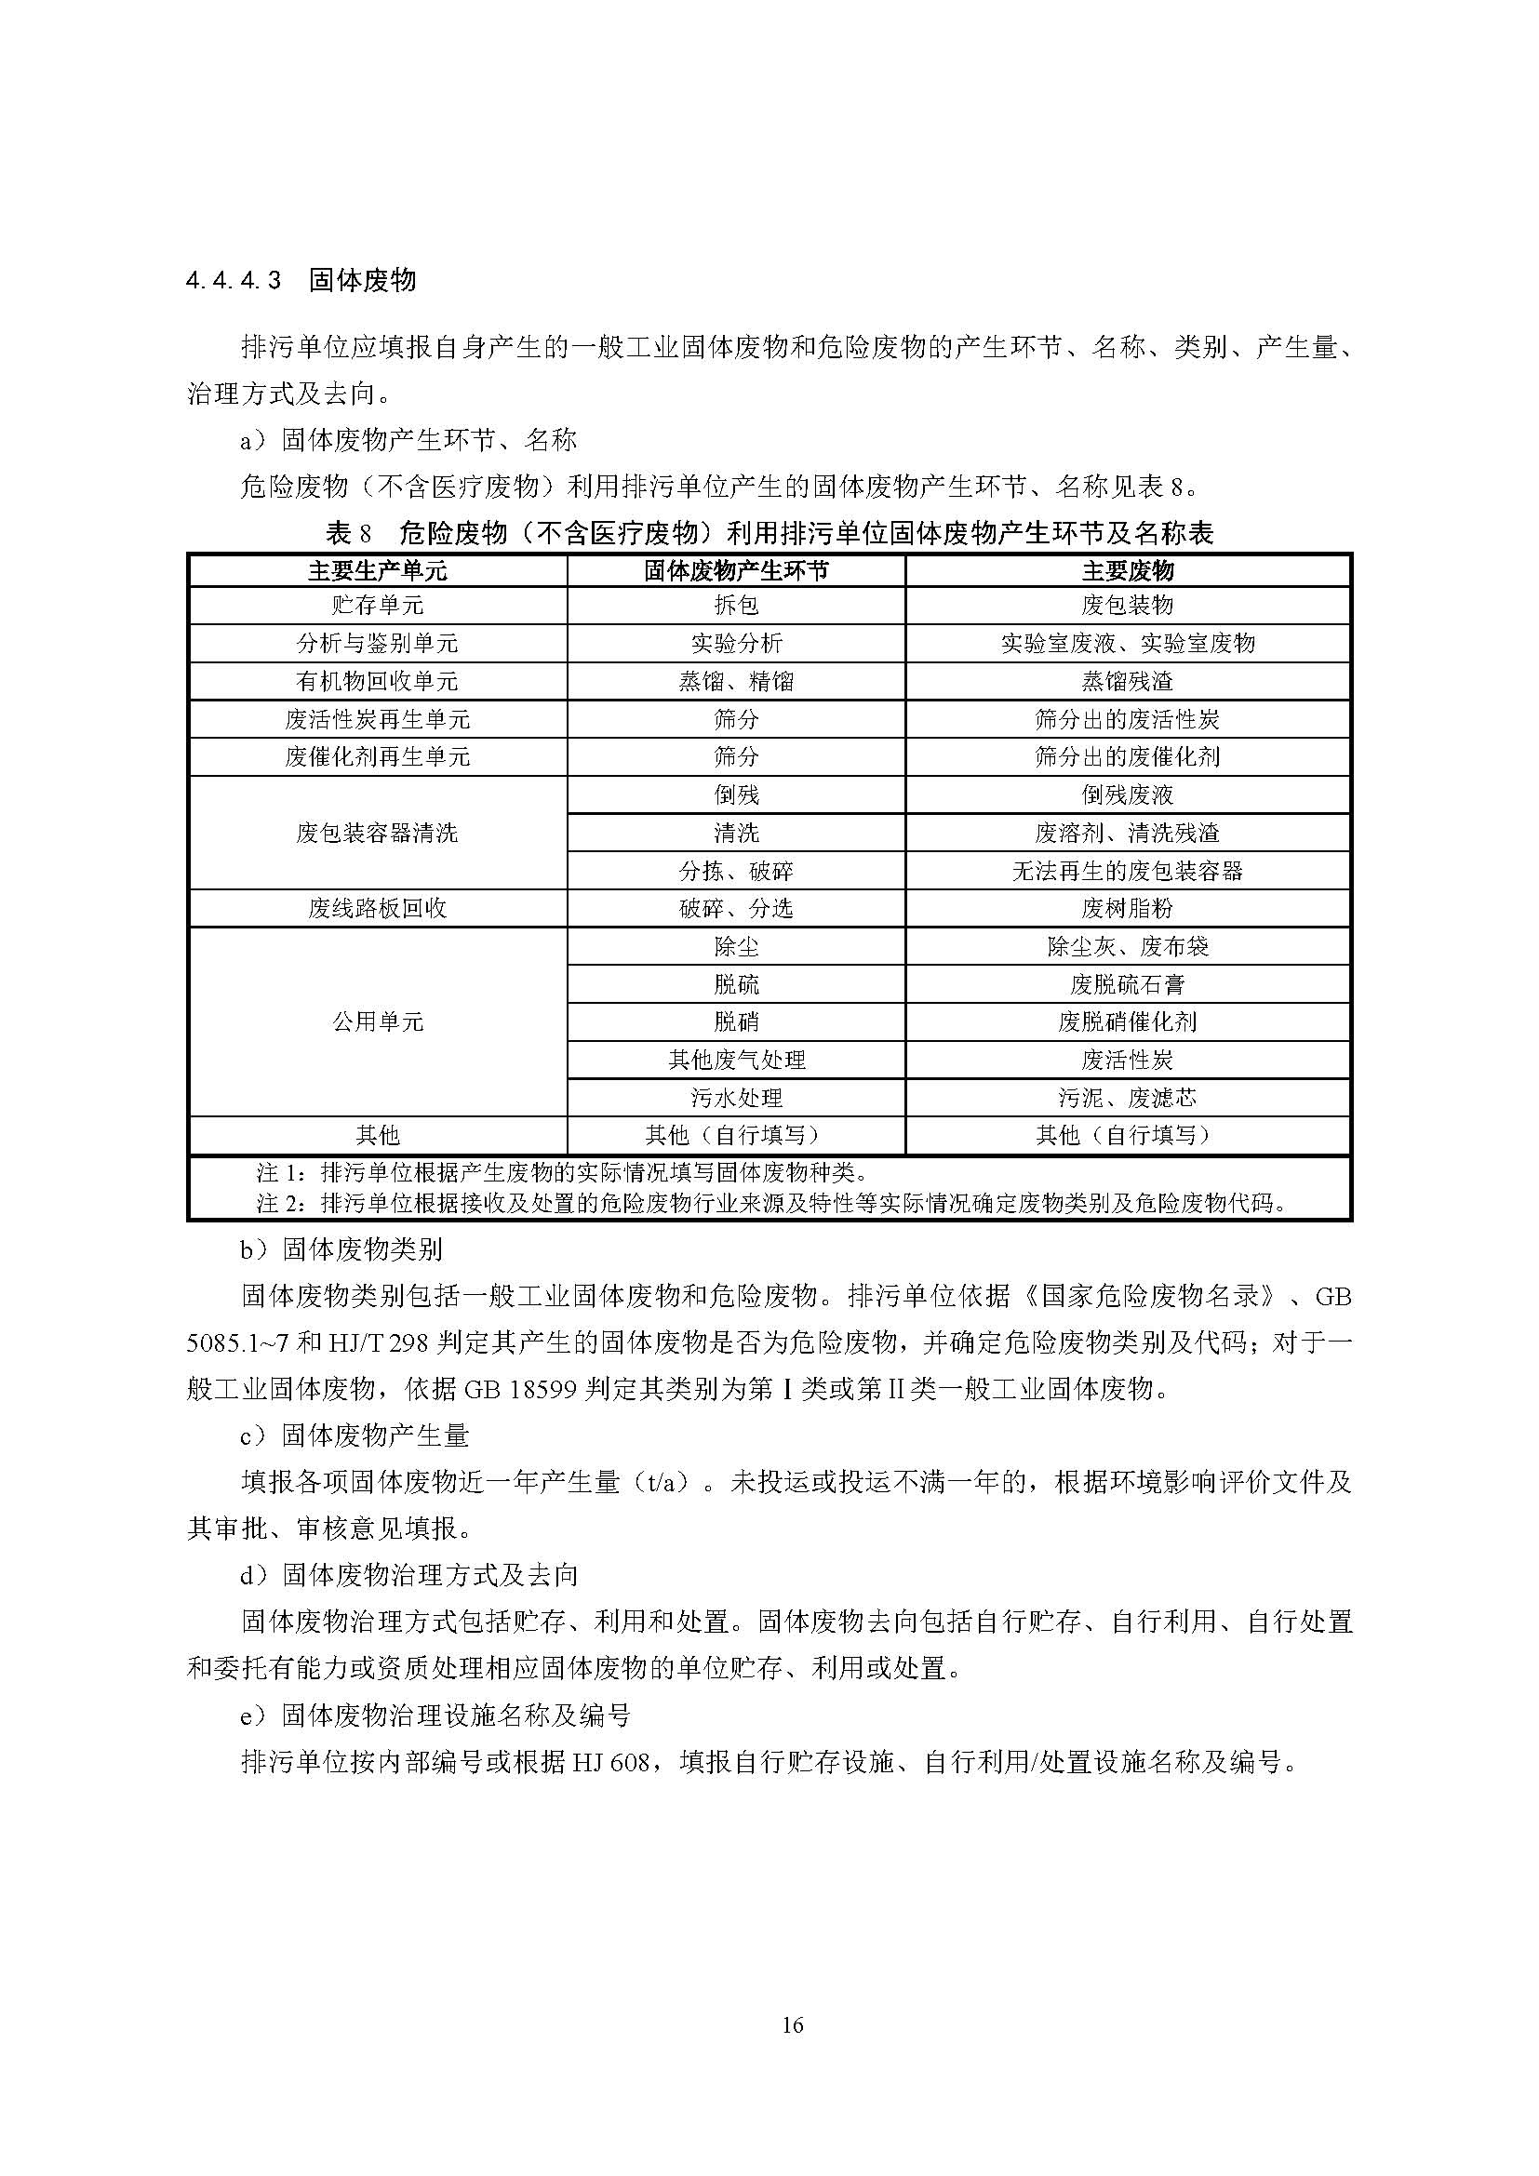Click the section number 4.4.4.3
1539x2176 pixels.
tap(234, 281)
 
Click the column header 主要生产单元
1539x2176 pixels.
tap(377, 570)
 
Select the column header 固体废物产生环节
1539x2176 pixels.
tap(735, 570)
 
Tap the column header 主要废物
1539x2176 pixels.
tap(1127, 570)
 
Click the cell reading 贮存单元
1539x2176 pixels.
tap(377, 606)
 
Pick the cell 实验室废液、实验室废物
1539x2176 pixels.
tap(1127, 644)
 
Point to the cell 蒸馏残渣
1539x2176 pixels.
tap(1127, 681)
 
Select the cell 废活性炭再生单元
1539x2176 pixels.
tap(377, 719)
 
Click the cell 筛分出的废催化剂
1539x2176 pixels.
tap(1127, 757)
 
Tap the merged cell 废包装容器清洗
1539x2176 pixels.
tap(377, 833)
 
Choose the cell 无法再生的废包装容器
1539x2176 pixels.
tap(1127, 871)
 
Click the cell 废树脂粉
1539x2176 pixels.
tap(1127, 909)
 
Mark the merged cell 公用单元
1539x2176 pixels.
tap(377, 1021)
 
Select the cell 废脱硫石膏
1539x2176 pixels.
tap(1127, 984)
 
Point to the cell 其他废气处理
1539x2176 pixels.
tap(735, 1060)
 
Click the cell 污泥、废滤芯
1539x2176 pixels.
tap(1127, 1098)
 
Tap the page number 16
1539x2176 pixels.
tap(793, 2025)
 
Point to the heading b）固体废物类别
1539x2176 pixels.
tap(341, 1250)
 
